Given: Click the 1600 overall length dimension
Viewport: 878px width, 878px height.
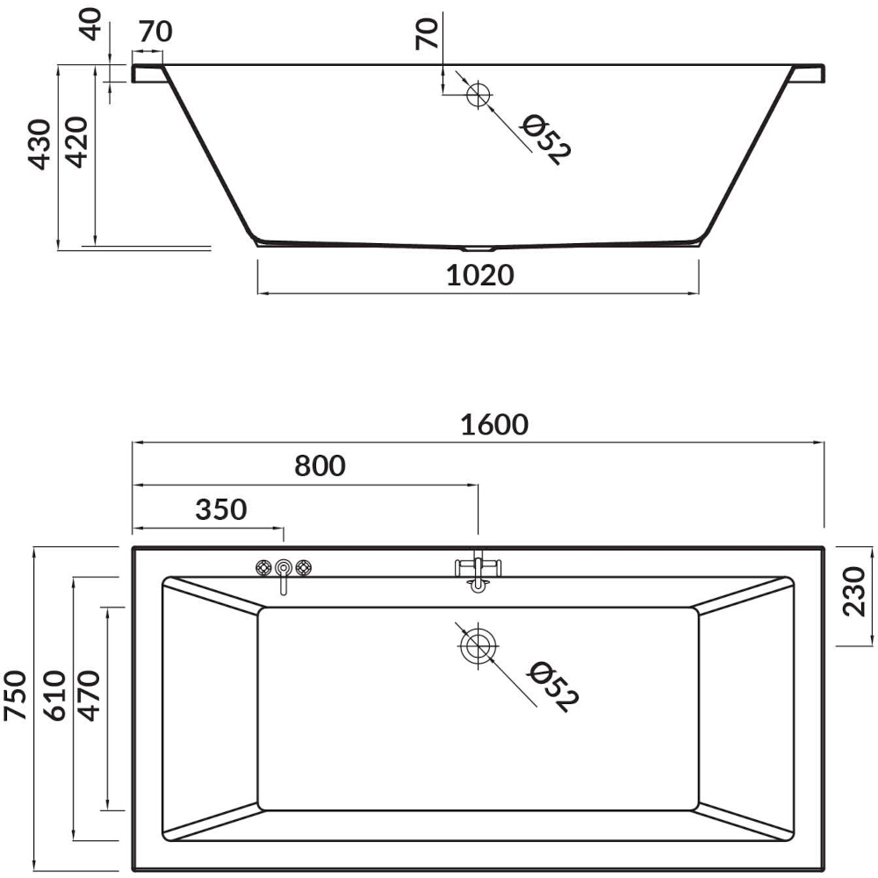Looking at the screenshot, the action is point(494,424).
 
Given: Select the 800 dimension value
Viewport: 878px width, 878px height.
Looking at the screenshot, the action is point(320,465).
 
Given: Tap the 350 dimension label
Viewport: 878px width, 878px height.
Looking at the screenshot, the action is point(221,509).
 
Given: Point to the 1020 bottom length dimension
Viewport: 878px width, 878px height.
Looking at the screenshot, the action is point(480,275).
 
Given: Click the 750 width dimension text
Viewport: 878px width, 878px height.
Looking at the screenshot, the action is point(15,694).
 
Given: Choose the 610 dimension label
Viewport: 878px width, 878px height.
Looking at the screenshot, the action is point(54,694).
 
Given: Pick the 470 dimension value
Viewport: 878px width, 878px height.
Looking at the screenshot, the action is point(89,694).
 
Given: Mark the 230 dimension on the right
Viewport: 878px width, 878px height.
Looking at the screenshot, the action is point(854,591).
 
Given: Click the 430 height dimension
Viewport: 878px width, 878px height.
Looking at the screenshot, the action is point(40,144).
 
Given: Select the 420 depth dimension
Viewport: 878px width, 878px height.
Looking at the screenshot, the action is point(76,142).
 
